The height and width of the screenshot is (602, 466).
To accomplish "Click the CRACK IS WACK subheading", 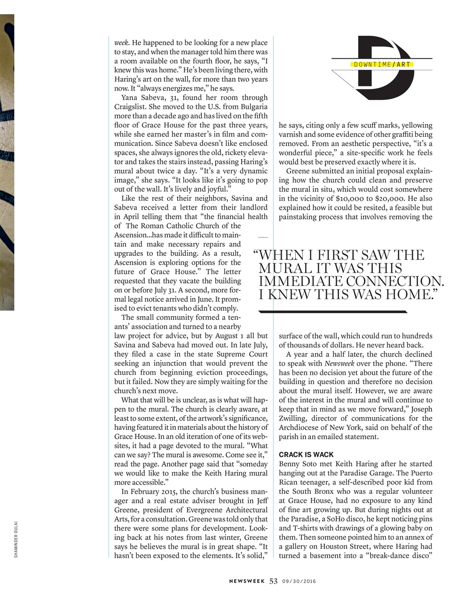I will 306,454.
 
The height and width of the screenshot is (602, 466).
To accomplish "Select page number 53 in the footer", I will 274,581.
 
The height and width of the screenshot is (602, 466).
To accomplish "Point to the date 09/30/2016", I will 299,581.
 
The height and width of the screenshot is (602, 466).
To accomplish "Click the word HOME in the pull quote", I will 408,294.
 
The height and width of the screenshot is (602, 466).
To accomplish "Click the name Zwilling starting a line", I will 294,418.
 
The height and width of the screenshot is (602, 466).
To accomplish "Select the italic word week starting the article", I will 121,43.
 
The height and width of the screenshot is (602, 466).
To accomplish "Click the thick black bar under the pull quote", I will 333,311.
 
